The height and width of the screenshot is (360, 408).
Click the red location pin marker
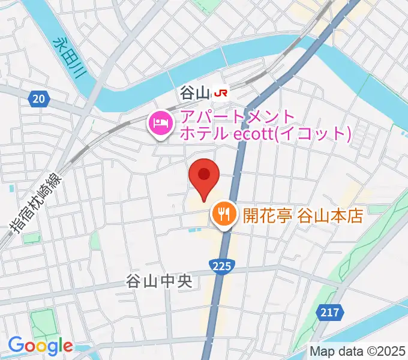coord(204,176)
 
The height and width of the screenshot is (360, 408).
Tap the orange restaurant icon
coord(224,214)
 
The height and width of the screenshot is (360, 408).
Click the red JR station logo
coord(221,93)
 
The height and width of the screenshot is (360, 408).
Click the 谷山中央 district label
coord(158,281)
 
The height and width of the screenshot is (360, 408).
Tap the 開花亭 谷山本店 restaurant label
coord(303,215)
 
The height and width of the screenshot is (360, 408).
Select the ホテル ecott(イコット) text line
coord(264,133)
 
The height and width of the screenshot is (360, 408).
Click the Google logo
coord(40,346)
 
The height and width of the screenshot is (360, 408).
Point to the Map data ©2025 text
coord(358,351)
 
